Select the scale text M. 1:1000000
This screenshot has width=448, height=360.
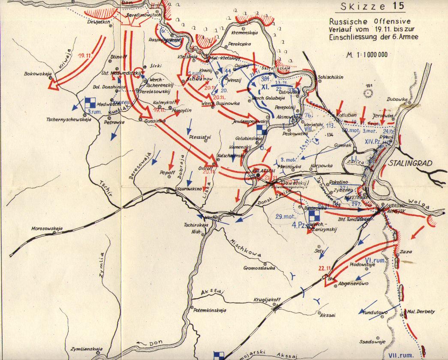click(365, 54)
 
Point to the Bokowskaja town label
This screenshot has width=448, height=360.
click(38, 73)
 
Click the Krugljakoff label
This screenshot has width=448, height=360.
click(267, 300)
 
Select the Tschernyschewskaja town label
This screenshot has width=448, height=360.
click(69, 120)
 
